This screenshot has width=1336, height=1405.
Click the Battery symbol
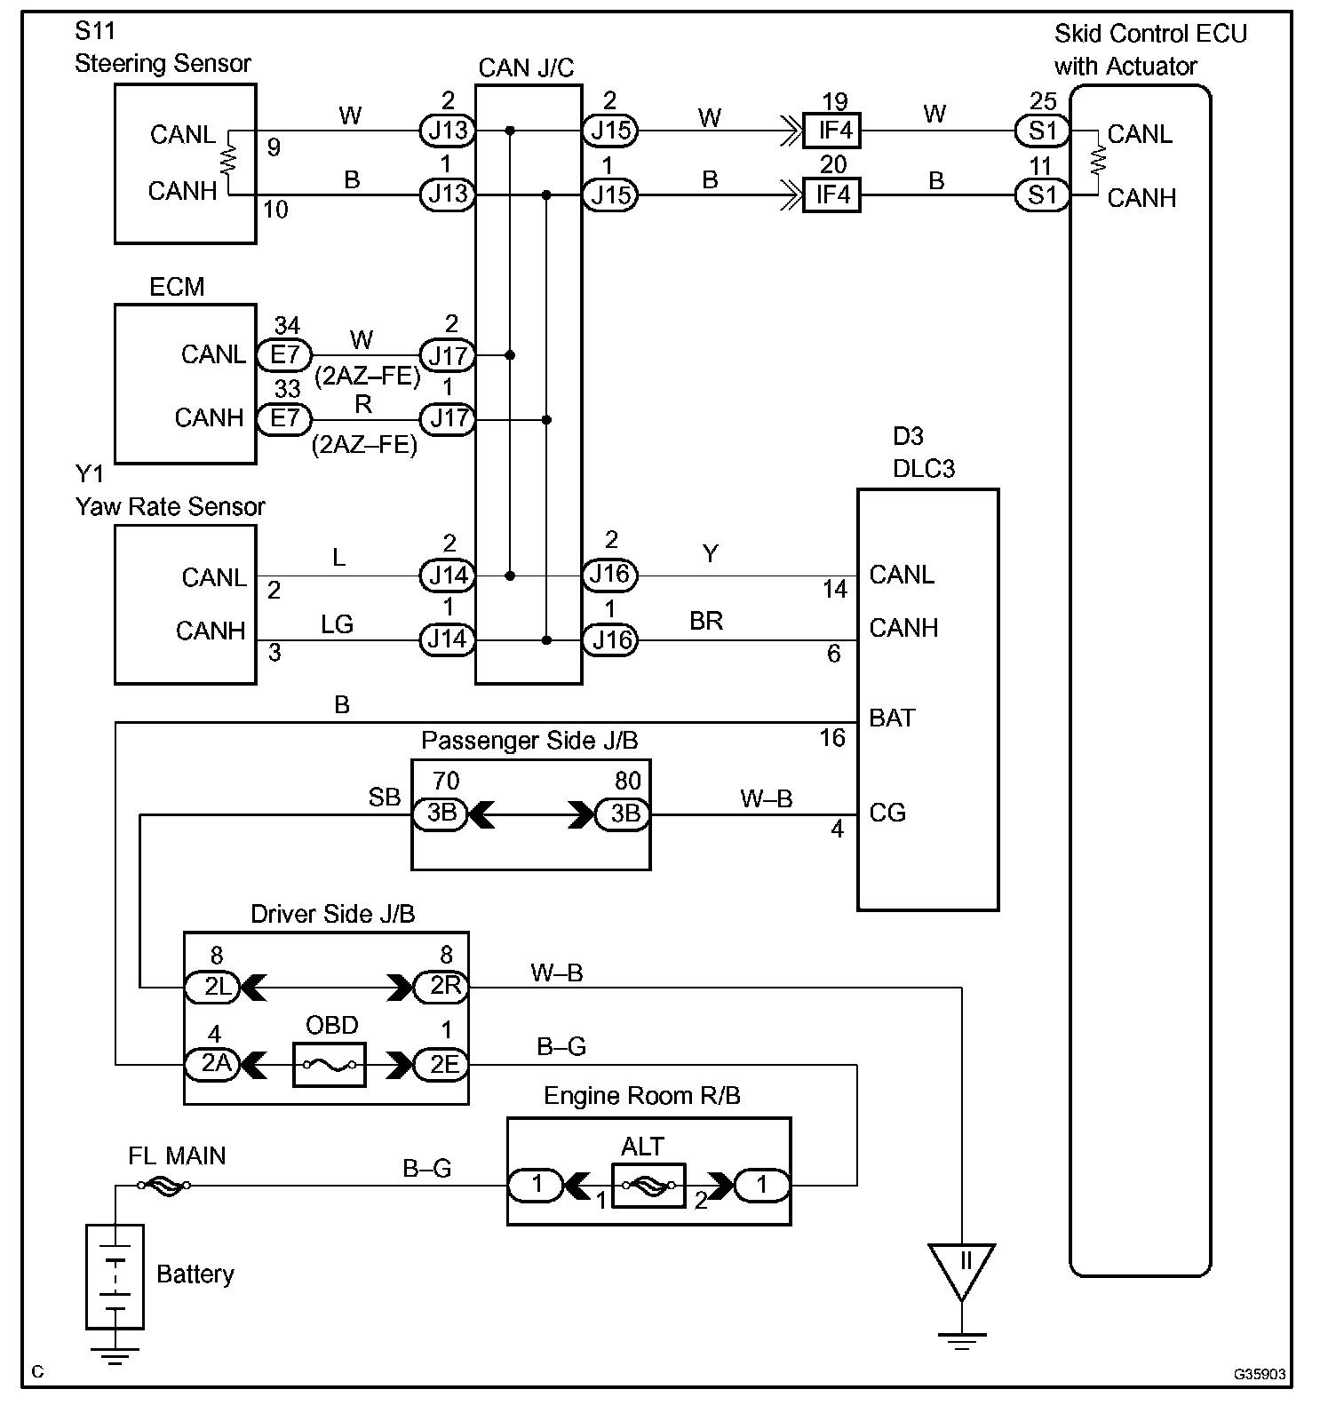(115, 1276)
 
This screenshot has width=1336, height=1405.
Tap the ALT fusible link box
(648, 1185)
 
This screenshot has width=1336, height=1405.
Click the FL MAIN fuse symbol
(163, 1185)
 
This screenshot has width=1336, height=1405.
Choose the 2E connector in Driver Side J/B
(442, 1063)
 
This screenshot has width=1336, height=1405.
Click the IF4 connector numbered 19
(832, 131)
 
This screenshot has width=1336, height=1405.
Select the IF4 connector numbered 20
(832, 194)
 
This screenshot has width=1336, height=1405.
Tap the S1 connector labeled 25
(1042, 131)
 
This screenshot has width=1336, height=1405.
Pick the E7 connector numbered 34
(284, 355)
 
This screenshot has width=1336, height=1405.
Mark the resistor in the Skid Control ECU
(1099, 161)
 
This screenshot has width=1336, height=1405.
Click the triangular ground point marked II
(961, 1267)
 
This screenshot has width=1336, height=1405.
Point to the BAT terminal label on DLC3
(892, 718)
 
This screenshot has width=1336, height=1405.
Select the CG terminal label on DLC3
(887, 813)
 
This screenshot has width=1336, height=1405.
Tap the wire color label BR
(706, 621)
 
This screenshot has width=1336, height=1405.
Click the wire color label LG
(338, 624)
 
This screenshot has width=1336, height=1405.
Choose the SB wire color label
(385, 798)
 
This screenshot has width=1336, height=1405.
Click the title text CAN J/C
(526, 67)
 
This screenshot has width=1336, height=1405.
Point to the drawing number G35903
(1259, 1374)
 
